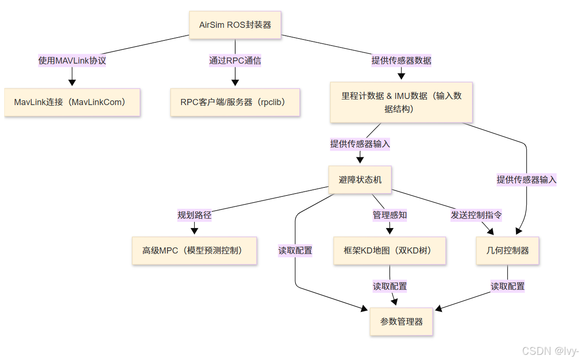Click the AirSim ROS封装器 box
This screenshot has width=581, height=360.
[235, 25]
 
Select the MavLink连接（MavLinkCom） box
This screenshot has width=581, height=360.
[72, 102]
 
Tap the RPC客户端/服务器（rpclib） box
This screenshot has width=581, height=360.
[235, 102]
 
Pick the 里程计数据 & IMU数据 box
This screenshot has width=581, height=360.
[401, 102]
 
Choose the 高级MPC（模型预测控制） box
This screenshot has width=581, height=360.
[194, 250]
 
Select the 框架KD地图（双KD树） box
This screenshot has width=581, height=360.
[390, 250]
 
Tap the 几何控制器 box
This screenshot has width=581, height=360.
[507, 250]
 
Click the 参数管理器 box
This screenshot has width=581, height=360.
[401, 322]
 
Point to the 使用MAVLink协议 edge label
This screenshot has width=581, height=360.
[72, 60]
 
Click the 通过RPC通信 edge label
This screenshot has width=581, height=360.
[235, 60]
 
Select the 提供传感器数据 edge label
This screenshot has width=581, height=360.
[401, 60]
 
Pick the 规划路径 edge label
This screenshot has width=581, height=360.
[194, 215]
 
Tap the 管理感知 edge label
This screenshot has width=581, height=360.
[390, 215]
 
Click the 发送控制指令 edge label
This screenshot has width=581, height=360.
[476, 215]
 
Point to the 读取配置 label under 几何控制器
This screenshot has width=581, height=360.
[507, 286]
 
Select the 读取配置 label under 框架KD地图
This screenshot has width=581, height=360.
[390, 286]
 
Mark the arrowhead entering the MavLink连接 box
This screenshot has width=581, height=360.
[72, 83]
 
